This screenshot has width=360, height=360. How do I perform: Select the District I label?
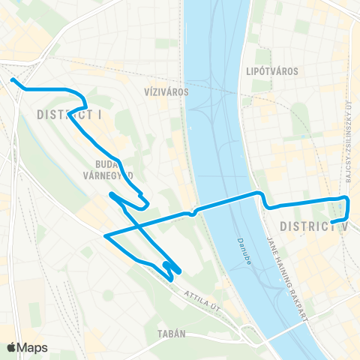tap(69, 115)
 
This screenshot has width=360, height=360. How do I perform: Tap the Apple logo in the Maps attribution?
tap(12, 347)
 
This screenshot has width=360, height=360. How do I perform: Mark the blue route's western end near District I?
tap(11, 79)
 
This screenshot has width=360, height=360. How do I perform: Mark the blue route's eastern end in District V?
tap(332, 222)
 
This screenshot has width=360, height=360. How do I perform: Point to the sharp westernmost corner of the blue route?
tap(105, 236)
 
